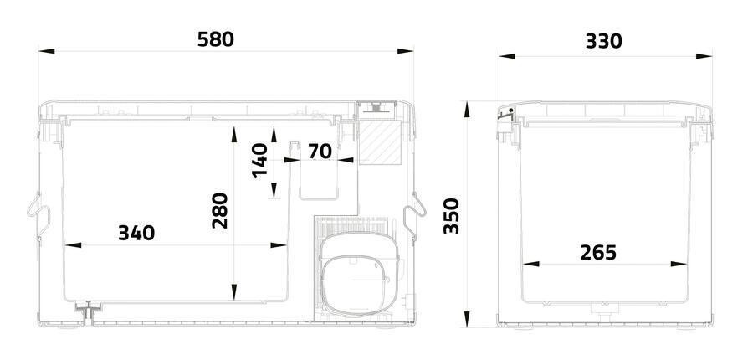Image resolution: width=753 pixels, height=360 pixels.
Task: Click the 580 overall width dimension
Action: tap(216, 39)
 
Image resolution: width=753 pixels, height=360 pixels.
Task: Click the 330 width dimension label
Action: tap(603, 42)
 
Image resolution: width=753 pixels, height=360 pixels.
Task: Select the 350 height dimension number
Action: tap(452, 216)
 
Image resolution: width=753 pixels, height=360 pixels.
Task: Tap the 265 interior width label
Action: tap(598, 252)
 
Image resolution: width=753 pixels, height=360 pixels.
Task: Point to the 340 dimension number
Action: tap(136, 233)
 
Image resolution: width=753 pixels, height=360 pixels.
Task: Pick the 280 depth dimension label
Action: tap(220, 210)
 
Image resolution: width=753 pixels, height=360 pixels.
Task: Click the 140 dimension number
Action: tap(260, 161)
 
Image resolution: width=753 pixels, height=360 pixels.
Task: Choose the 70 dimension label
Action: tap(320, 152)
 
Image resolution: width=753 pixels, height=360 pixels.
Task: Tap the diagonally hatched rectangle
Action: tap(381, 142)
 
